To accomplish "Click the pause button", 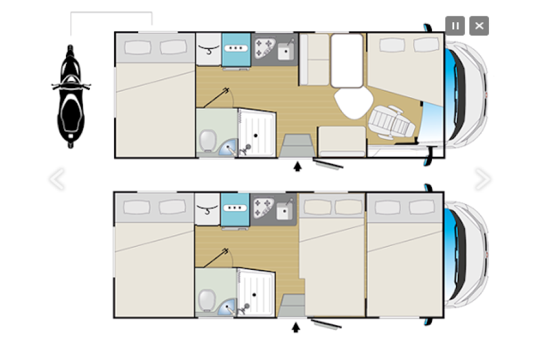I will [455, 26].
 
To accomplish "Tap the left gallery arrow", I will [56, 179].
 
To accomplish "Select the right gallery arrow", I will [482, 178].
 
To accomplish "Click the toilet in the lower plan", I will [206, 299].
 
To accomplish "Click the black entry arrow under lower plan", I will [295, 327].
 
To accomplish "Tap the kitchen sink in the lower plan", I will [284, 211].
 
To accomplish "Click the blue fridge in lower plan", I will [235, 208].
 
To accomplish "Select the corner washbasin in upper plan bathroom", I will [229, 147].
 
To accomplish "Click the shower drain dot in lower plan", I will [255, 295].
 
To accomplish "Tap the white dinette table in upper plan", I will [347, 60].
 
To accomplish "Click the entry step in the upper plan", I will [296, 144].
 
